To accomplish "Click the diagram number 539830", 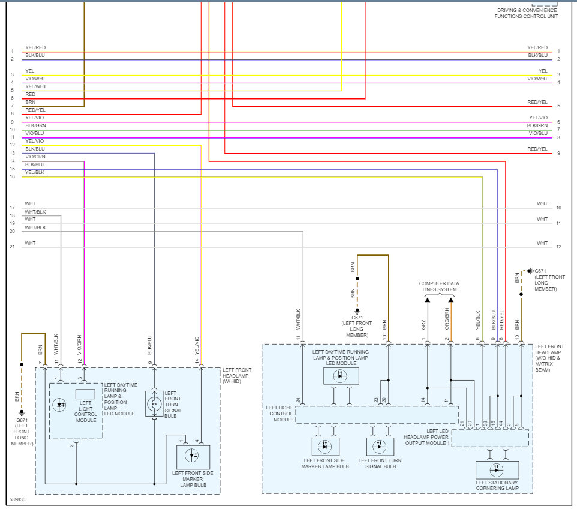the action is tap(17, 499).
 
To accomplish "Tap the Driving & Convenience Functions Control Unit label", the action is tap(527, 13).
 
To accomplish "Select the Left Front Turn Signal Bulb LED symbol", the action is tap(380, 447).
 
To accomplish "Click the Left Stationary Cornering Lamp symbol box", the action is tap(497, 470).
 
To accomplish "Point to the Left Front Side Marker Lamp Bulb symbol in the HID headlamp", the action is tap(193, 457).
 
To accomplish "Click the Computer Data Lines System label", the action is tap(439, 286).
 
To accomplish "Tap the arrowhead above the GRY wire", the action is tap(427, 300).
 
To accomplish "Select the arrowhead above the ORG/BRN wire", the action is tap(451, 300).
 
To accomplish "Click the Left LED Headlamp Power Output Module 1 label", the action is tap(426, 437).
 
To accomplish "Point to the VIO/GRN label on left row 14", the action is tap(35, 157).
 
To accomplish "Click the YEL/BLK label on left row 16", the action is tap(35, 172).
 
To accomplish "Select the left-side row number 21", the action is tap(12, 247).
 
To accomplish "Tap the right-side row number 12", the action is tap(558, 247).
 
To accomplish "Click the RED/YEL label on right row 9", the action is tap(537, 149).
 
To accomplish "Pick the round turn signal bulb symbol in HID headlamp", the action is tap(154, 404).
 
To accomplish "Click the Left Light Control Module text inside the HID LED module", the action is tap(85, 411).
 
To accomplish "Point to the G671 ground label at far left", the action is tap(22, 432).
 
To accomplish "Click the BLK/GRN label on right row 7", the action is tap(537, 125).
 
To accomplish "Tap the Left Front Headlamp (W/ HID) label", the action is tap(236, 375).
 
